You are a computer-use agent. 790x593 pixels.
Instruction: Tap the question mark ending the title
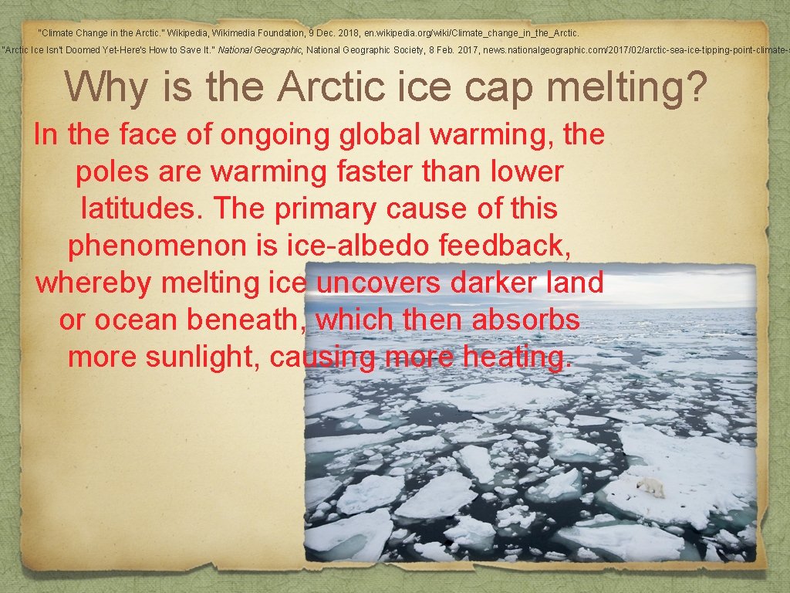click(694, 86)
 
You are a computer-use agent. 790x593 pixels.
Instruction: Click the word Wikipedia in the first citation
click(191, 33)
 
